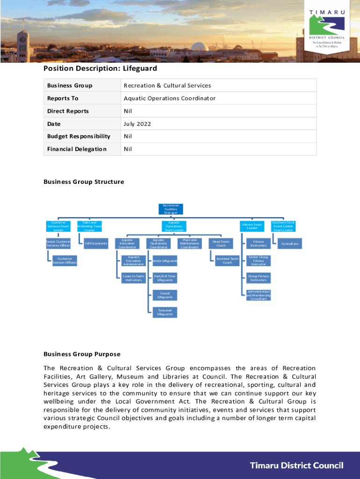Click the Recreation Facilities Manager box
pos(171,209)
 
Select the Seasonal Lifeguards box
pos(165,312)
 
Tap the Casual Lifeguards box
pos(165,295)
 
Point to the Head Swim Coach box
pos(221,243)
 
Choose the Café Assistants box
pos(96,243)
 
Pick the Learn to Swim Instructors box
pos(134,278)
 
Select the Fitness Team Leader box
pos(252,226)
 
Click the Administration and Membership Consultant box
pos(258,295)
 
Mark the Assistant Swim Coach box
pos(227,261)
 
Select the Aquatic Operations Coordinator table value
pos(169,98)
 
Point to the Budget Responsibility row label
pos(79,137)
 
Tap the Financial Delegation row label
pos(77,149)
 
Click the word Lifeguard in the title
pos(139,69)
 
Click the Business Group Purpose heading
pos(82,354)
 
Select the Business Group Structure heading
pos(84,182)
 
